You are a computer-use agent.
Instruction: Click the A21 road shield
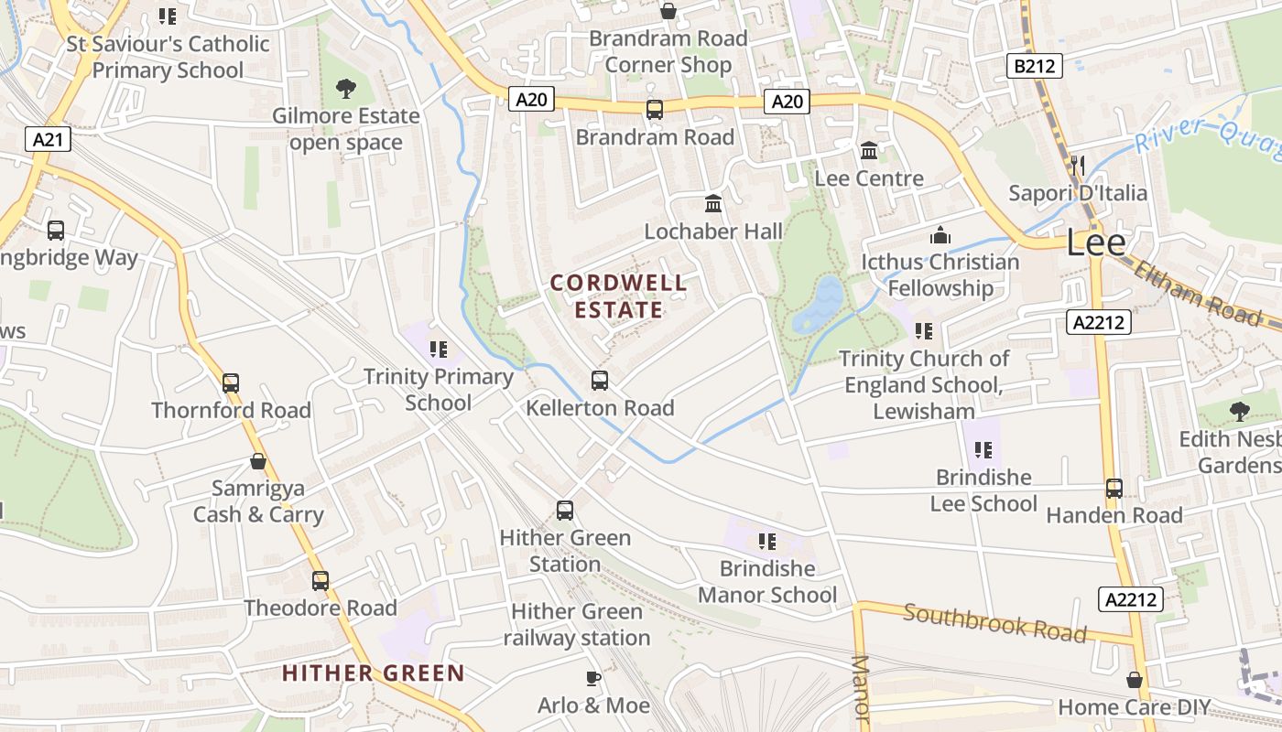coord(48,140)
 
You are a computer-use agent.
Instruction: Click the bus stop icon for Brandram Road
coord(655,110)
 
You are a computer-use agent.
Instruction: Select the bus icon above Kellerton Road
coord(600,380)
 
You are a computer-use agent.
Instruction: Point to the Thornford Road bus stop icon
coord(231,382)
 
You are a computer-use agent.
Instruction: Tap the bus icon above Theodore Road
coord(320,580)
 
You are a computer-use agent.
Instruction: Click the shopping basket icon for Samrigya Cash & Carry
coord(258,461)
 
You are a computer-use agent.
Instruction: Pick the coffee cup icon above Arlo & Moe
coord(593,678)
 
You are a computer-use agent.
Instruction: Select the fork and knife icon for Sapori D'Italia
coord(1078,166)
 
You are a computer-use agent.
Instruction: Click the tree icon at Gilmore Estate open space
coord(346,89)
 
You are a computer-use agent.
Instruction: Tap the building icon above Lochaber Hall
coord(713,203)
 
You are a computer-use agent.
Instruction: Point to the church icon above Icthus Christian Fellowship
coord(940,235)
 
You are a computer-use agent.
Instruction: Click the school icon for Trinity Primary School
coord(439,349)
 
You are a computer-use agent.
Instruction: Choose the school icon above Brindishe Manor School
coord(767,541)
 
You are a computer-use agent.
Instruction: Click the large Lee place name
coord(1095,242)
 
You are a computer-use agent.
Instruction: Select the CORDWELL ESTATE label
coord(619,296)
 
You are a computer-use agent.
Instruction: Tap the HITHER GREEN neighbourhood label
coord(374,673)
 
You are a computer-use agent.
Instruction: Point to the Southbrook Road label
coord(994,622)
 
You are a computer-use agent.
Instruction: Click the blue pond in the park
coord(819,304)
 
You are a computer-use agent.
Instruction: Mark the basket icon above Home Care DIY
coord(1135,680)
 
